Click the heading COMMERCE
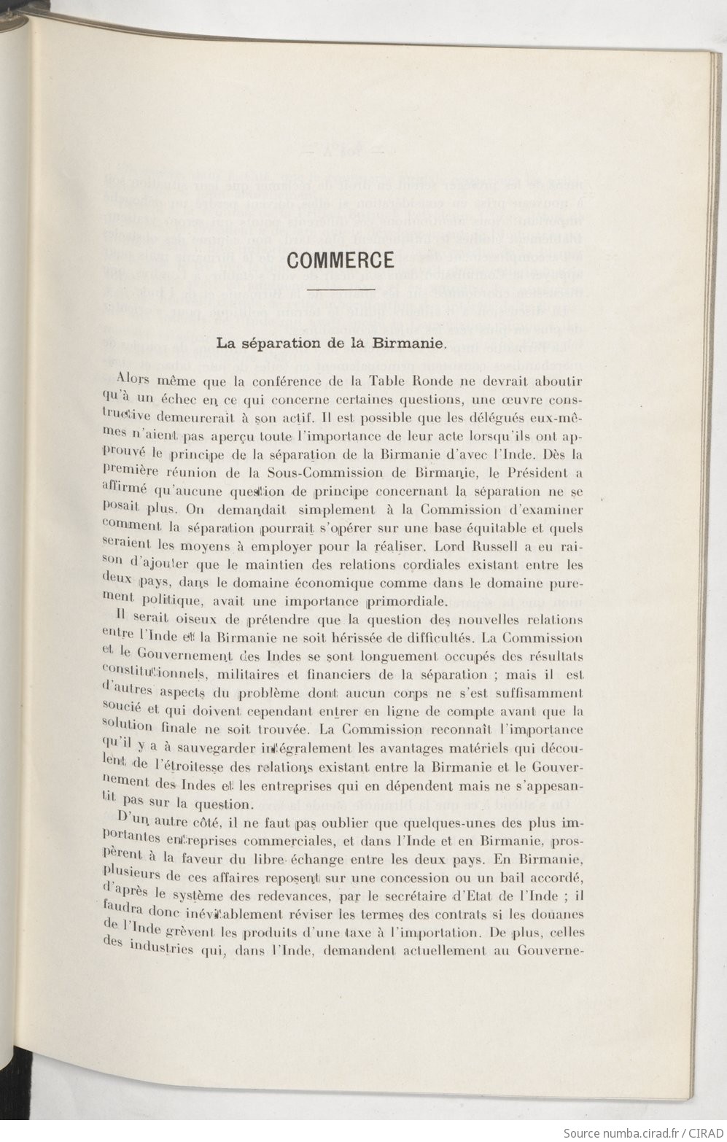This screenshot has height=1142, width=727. click(341, 260)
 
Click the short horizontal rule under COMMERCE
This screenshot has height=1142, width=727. click(341, 290)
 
